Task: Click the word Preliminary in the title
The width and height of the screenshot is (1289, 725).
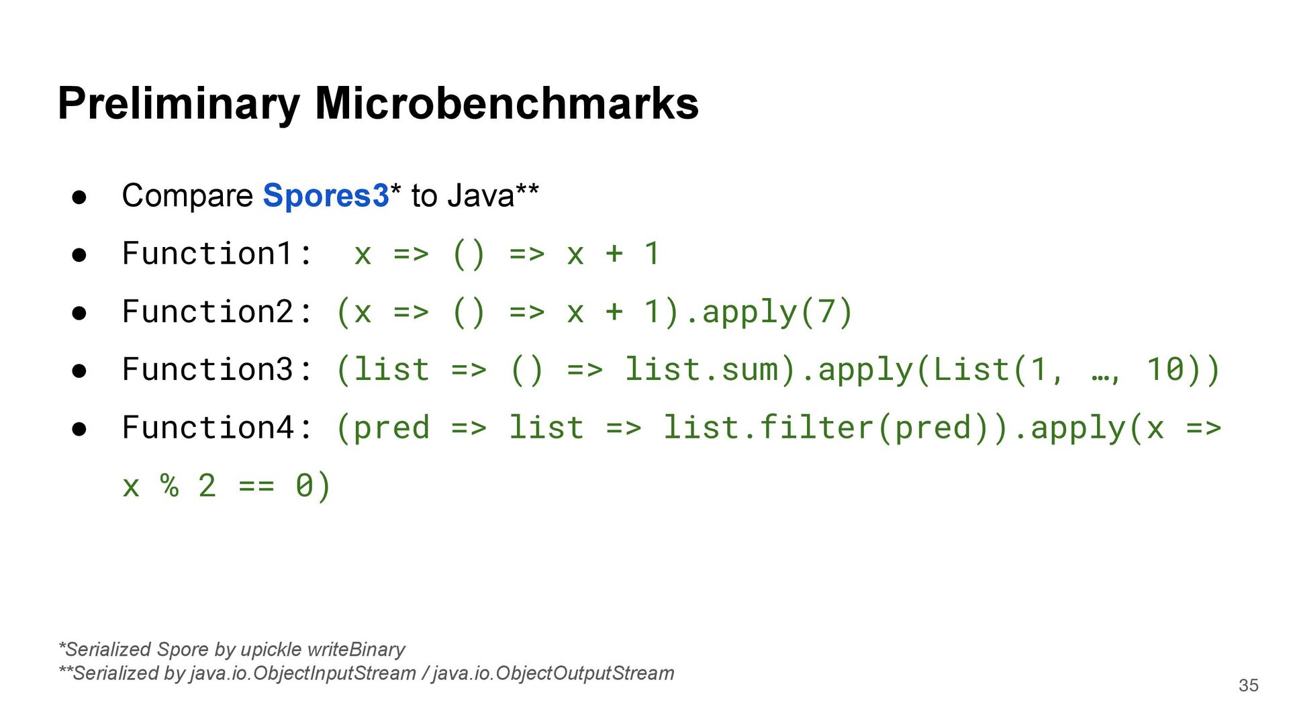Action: coord(179,104)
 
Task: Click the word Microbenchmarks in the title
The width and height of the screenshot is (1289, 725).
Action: coord(507,104)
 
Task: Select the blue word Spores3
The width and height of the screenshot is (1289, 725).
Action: coord(326,195)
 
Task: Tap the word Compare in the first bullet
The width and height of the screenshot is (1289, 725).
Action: coord(187,196)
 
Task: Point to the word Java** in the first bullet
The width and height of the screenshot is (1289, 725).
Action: coord(493,195)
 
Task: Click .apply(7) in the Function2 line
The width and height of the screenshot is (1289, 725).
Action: coord(768,312)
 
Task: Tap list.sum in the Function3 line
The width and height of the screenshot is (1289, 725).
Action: coord(701,370)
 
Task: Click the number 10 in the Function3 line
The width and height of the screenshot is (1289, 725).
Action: coord(1164,370)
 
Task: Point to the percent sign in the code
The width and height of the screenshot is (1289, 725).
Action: coord(169,485)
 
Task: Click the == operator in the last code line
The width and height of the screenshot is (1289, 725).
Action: coord(256,485)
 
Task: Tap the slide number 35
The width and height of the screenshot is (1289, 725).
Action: coord(1248,685)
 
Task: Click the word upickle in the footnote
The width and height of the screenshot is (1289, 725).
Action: coord(271,650)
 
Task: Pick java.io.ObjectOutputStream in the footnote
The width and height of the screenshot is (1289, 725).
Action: coord(553,673)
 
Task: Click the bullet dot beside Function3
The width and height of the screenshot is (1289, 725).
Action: coord(79,371)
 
